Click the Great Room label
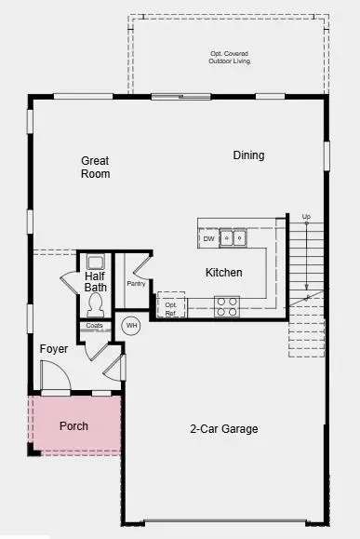(95, 168)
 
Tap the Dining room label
(248, 155)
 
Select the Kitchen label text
(224, 273)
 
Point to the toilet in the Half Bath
(96, 303)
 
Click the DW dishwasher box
(209, 238)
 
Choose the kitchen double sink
(233, 238)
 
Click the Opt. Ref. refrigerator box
(171, 306)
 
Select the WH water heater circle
(131, 326)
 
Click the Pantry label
(136, 284)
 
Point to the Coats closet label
(95, 326)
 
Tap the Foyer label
(53, 349)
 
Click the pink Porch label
(73, 426)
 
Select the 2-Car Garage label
(224, 429)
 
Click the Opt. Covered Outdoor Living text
(229, 58)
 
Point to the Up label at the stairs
(306, 217)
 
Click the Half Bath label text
(96, 282)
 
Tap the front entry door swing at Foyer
(54, 379)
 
